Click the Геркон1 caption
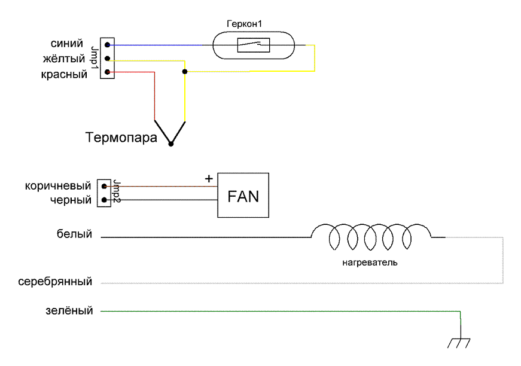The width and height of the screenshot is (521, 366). pos(244,23)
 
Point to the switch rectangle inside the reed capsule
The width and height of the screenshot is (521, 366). pos(254,45)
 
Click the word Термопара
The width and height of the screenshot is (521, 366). pos(121,139)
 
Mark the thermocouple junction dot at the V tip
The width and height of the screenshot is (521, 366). pos(171,144)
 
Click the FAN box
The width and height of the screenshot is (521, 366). pos(243,196)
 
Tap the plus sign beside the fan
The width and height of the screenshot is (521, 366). pos(208,178)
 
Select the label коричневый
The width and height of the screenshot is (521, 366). pos(58,186)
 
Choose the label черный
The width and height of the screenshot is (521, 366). pos(71,200)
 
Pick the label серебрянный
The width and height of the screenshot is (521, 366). pos(55,281)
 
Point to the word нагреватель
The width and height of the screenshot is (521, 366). pos(370,262)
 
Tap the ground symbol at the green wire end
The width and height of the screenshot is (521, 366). pos(459,342)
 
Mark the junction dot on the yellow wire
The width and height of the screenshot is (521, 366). pos(185,72)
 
